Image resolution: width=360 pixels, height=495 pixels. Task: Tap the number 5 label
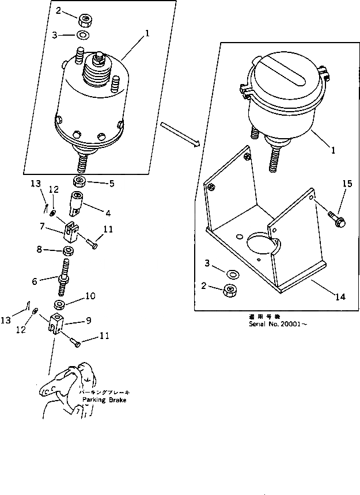click(112, 184)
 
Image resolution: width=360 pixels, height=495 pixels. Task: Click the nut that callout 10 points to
click(59, 304)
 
